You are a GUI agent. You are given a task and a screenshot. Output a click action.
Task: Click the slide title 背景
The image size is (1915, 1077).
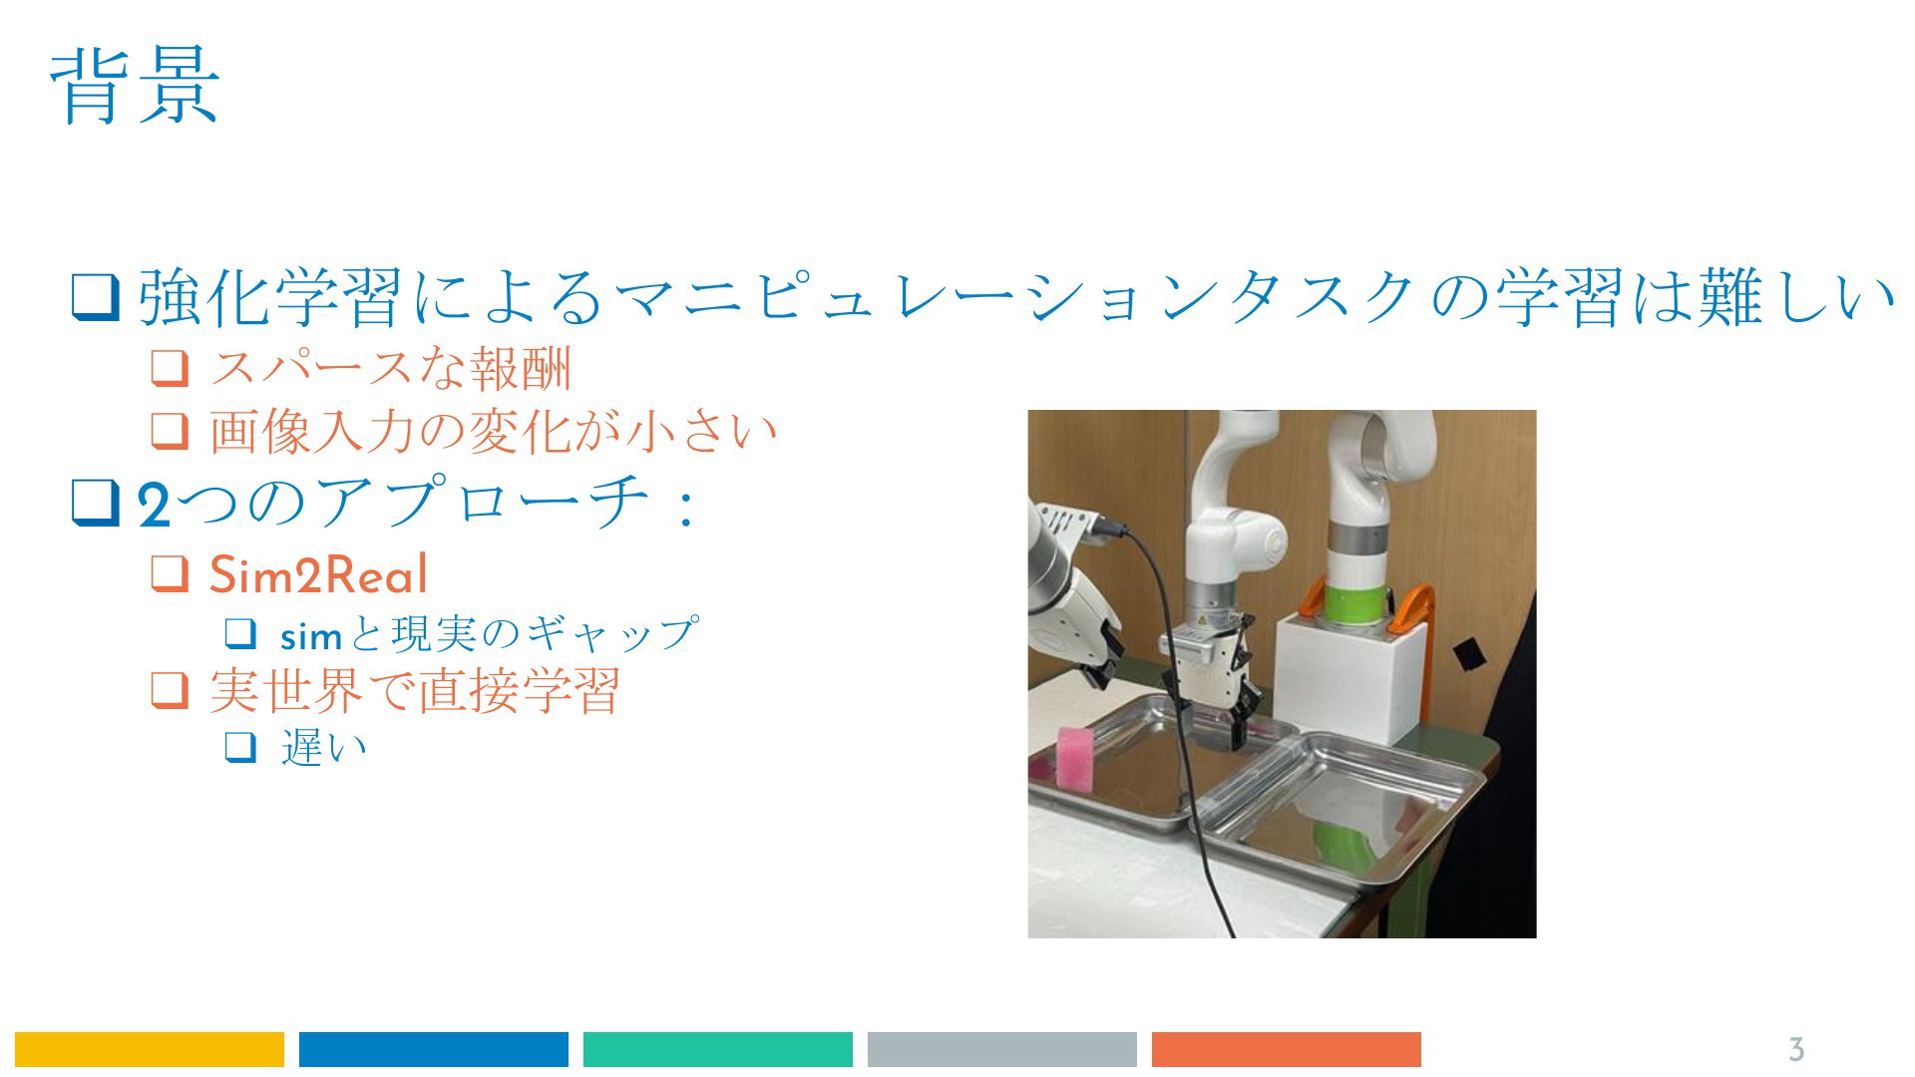coord(135,88)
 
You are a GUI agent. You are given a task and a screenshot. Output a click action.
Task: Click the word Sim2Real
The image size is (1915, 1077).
coord(318,575)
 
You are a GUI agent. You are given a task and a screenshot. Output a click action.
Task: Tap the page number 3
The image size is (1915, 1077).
coord(1796,1049)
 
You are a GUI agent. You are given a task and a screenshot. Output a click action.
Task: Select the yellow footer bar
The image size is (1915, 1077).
coord(150,1049)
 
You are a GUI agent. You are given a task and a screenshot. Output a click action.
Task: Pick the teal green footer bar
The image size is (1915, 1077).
coord(718,1049)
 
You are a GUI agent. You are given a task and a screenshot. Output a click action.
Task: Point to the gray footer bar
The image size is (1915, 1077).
coord(1002,1049)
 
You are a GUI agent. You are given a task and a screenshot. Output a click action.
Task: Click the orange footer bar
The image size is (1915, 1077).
coord(1287,1049)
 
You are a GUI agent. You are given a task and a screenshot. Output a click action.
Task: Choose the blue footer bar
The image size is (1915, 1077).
coord(434,1049)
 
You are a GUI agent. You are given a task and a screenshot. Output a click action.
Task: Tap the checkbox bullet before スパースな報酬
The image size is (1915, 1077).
coord(170,369)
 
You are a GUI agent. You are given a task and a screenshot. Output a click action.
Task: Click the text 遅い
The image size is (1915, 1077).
coord(324,747)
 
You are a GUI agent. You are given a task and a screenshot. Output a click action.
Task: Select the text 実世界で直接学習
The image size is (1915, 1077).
coord(414,690)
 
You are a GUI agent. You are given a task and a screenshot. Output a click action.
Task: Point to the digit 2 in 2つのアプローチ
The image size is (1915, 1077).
coord(154,504)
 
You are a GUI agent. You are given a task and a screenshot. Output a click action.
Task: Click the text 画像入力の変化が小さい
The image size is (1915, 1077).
coord(493,432)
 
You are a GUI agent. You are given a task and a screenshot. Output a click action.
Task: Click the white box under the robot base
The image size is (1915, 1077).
coord(1352,678)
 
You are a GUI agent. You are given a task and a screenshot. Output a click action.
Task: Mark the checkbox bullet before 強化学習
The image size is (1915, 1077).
coord(96,297)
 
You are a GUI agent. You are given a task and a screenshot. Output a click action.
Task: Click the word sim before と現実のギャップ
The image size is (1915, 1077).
coord(311,635)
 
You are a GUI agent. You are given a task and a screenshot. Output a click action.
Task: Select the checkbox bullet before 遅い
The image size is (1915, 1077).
coord(241,747)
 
